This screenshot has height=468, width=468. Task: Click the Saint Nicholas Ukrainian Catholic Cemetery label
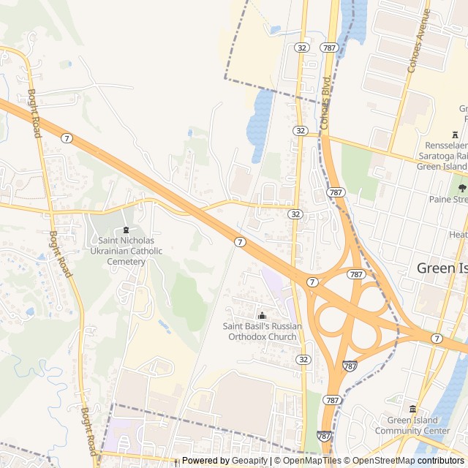[x=126, y=251]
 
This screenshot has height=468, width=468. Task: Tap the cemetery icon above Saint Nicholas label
[x=126, y=230]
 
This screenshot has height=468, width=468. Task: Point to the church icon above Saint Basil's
[x=263, y=315]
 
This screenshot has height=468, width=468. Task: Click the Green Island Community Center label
[x=413, y=426]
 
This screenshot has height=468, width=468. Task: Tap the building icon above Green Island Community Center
[x=412, y=409]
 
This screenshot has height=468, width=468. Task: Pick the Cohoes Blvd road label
[x=325, y=100]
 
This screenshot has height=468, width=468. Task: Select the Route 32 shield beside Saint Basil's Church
[x=303, y=360]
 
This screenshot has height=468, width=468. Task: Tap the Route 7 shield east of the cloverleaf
[x=437, y=338]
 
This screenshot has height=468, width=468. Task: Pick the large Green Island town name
[x=441, y=268]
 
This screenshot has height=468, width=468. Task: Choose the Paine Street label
[x=448, y=200]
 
